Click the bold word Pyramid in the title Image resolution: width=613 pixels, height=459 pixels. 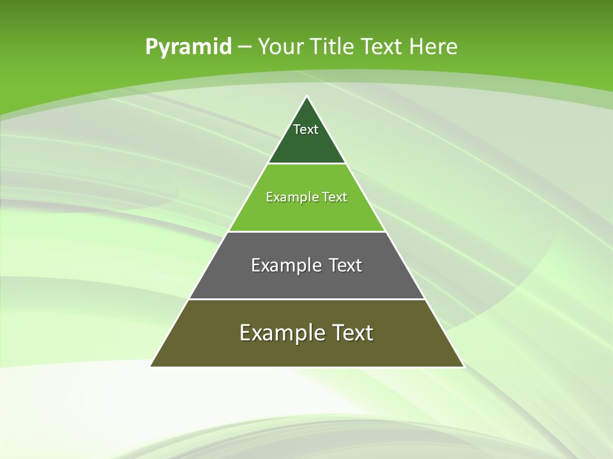click(x=188, y=47)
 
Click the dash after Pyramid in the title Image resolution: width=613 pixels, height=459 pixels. click(x=244, y=47)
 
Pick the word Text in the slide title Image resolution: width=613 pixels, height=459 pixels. click(x=382, y=47)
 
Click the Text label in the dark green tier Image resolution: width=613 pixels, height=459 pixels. click(x=306, y=129)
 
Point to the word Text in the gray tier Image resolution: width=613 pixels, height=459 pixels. click(x=345, y=265)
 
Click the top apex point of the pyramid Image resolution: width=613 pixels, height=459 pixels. click(x=306, y=96)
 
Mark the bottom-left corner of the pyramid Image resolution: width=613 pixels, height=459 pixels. click(x=151, y=366)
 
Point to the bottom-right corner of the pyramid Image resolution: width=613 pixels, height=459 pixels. click(x=463, y=366)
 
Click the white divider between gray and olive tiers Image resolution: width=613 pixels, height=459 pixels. click(x=306, y=299)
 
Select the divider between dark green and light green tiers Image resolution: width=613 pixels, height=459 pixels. click(x=306, y=164)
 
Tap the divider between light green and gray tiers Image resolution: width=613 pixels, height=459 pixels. click(x=306, y=231)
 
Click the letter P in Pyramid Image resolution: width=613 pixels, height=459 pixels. click(x=151, y=47)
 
